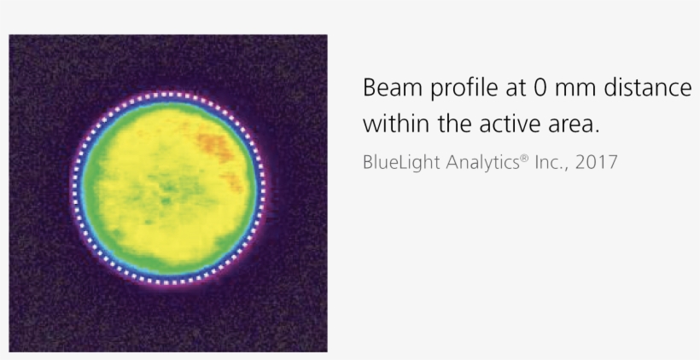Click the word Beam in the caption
388,89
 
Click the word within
394,125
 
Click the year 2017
596,161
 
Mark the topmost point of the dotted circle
168,93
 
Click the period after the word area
598,131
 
